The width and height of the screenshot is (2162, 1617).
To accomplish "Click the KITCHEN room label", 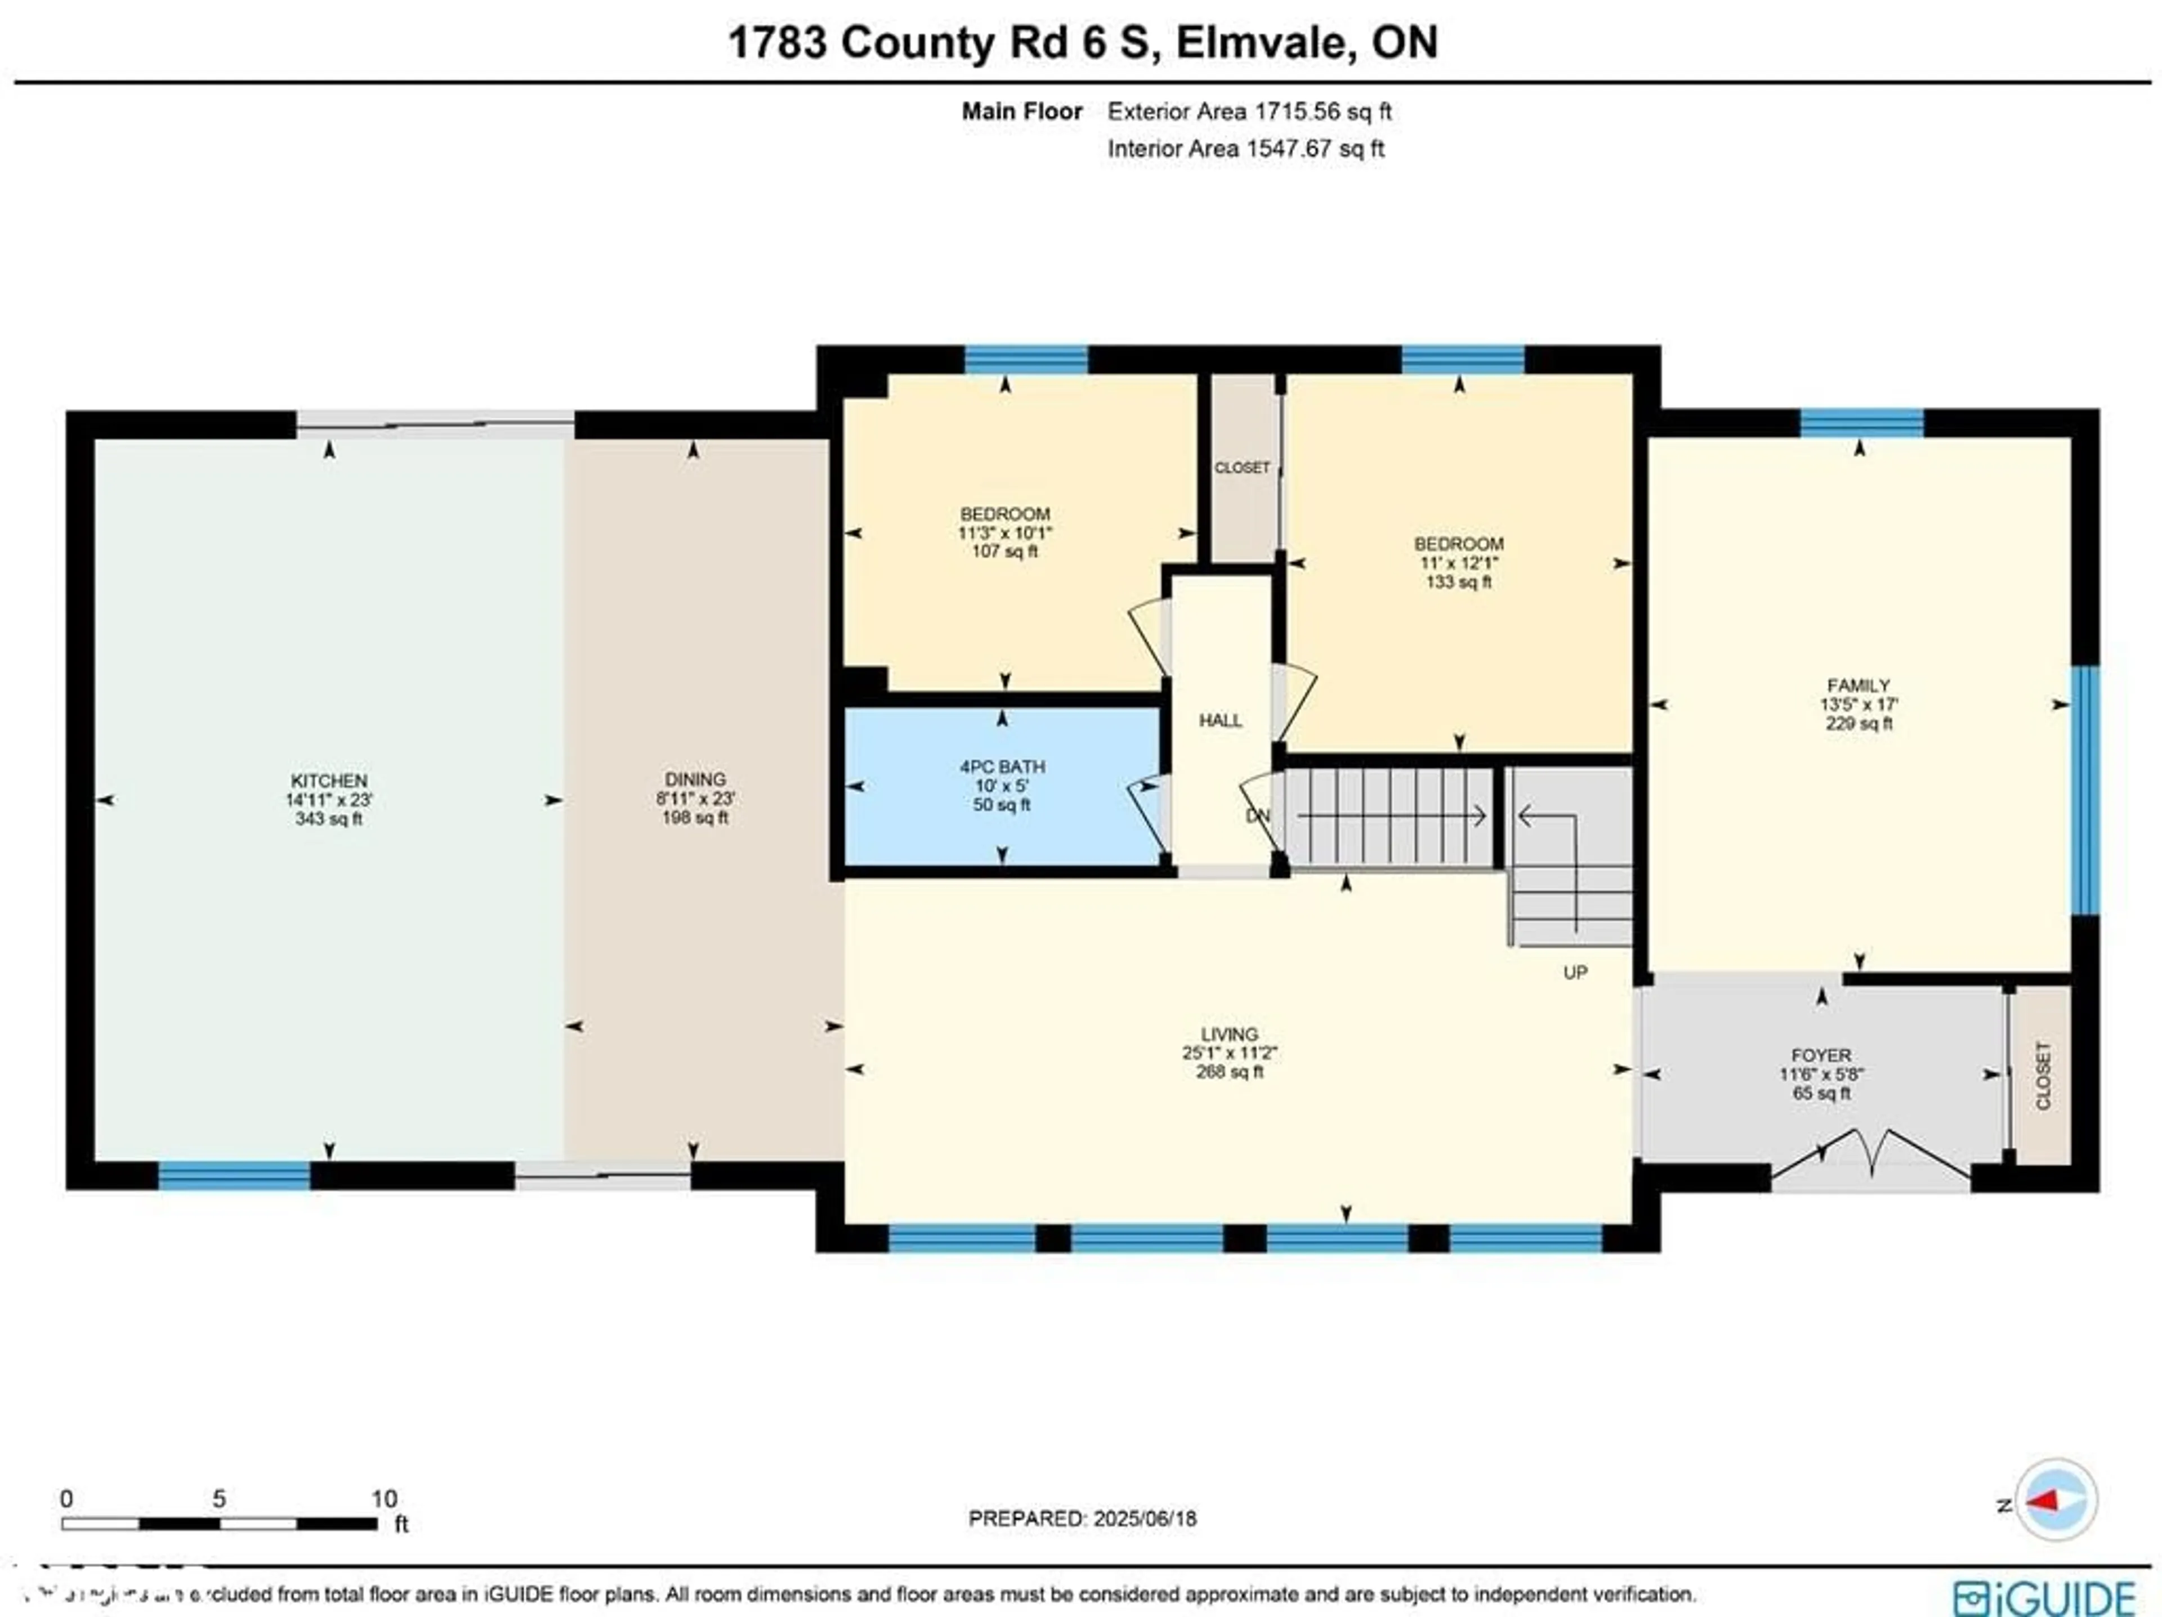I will point(328,781).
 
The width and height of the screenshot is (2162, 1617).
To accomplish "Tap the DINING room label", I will point(695,780).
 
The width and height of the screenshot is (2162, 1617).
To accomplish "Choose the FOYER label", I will point(1821,1055).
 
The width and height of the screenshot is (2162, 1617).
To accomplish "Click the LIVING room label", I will point(1229,1034).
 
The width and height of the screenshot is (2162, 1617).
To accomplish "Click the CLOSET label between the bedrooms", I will point(1241,468).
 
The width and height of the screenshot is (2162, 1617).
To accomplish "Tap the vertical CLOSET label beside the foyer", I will point(2043,1076).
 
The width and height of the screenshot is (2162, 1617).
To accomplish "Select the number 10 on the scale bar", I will point(383,1499).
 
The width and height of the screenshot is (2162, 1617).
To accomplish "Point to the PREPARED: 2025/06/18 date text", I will point(1082,1519).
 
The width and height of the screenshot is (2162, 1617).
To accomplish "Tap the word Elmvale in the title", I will point(1265,43).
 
